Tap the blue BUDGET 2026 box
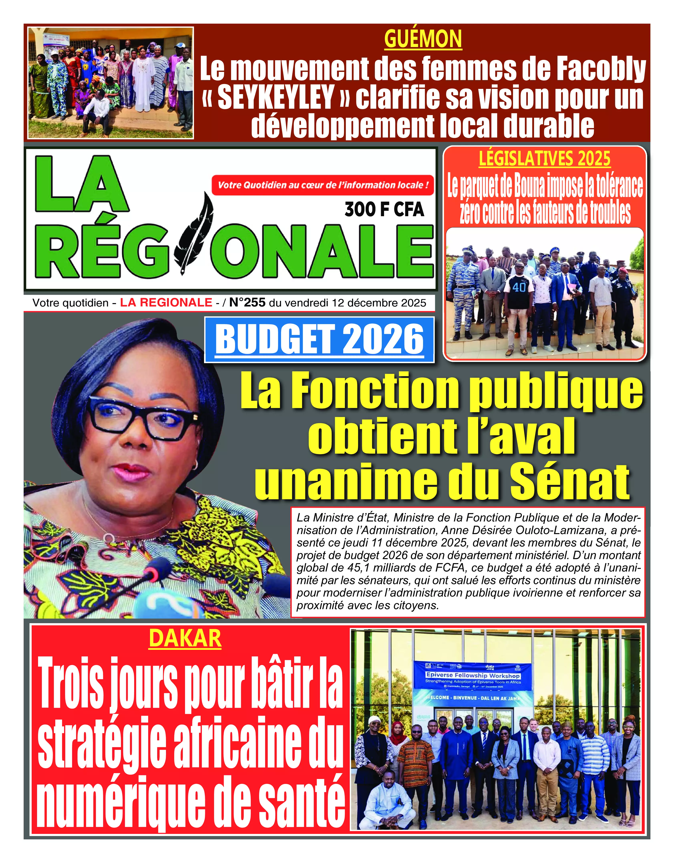(319, 340)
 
